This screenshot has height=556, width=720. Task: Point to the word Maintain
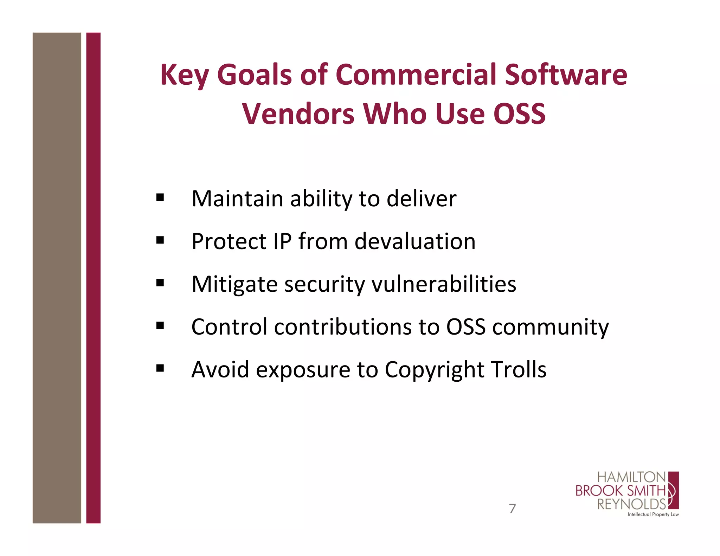click(237, 199)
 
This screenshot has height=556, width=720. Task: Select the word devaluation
click(415, 241)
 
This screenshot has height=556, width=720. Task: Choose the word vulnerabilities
click(444, 284)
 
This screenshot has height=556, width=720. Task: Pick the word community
click(551, 327)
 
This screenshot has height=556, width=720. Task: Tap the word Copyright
click(435, 369)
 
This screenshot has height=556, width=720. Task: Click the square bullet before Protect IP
click(160, 240)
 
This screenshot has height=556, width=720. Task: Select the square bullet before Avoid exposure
click(160, 368)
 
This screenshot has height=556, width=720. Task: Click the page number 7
click(512, 509)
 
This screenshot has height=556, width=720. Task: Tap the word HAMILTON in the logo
click(631, 477)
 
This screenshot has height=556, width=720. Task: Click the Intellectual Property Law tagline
click(653, 515)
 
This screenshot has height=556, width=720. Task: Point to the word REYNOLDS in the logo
click(631, 504)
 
